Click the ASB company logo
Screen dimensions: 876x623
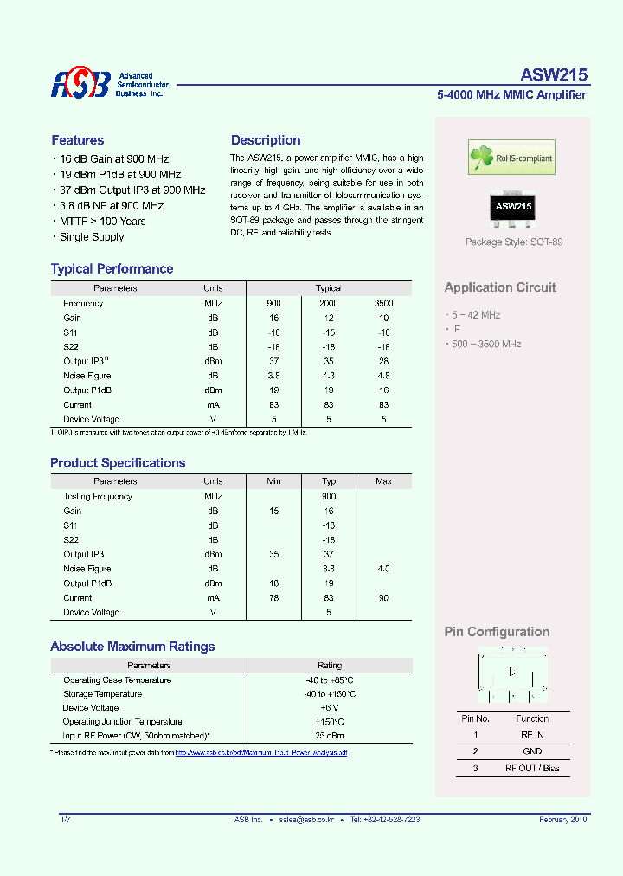pyautogui.click(x=80, y=84)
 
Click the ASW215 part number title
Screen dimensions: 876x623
pyautogui.click(x=554, y=75)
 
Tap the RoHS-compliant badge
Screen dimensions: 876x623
pyautogui.click(x=511, y=158)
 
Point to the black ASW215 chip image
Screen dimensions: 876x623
pyautogui.click(x=513, y=208)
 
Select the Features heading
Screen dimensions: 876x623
pyautogui.click(x=78, y=140)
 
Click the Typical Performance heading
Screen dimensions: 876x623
pyautogui.click(x=112, y=269)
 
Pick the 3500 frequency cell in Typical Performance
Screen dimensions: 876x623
pyautogui.click(x=383, y=304)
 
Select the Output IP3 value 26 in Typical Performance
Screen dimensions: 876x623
pyautogui.click(x=383, y=361)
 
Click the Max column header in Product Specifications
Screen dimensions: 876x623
pyautogui.click(x=383, y=481)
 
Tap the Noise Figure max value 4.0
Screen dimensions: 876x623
pyautogui.click(x=383, y=569)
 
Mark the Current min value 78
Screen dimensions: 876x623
pyautogui.click(x=274, y=598)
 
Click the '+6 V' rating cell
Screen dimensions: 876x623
pyautogui.click(x=329, y=708)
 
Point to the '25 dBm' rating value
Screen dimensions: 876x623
pyautogui.click(x=329, y=736)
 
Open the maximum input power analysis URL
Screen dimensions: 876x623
pyautogui.click(x=260, y=753)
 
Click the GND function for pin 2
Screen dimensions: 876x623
pyautogui.click(x=532, y=751)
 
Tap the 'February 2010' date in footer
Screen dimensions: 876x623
pyautogui.click(x=562, y=819)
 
